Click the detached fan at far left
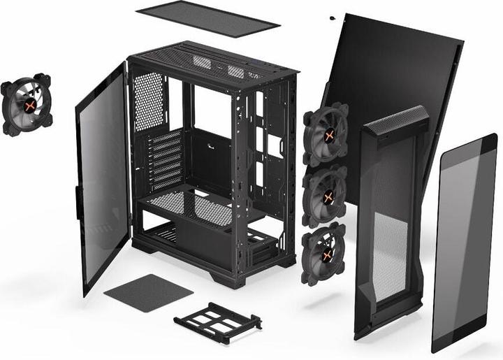click(x=27, y=106)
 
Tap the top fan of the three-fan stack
click(x=326, y=134)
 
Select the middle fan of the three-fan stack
click(x=325, y=197)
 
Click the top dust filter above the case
click(x=207, y=18)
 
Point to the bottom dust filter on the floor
click(x=148, y=293)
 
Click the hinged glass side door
click(x=102, y=178)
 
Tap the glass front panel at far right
click(x=464, y=241)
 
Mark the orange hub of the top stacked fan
click(x=326, y=134)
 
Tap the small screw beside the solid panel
click(x=331, y=18)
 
